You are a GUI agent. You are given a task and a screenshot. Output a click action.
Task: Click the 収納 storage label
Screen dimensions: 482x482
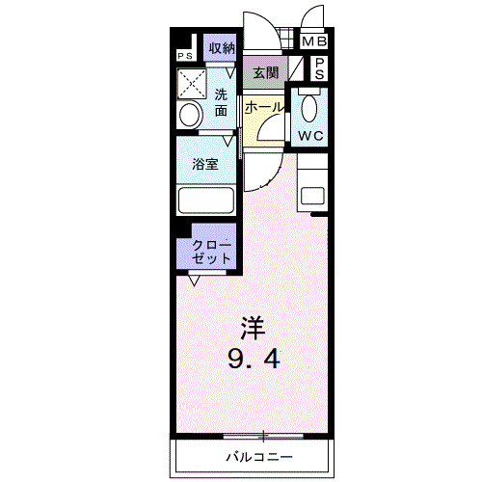pyautogui.click(x=222, y=48)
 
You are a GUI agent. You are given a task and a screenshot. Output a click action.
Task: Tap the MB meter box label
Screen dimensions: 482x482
pyautogui.click(x=314, y=42)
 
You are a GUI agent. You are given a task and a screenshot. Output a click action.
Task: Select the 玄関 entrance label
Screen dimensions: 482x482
pyautogui.click(x=265, y=72)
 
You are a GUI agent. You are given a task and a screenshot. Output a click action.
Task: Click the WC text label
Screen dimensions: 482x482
pyautogui.click(x=310, y=136)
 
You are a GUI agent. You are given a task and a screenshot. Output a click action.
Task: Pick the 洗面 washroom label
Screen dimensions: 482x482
pyautogui.click(x=222, y=103)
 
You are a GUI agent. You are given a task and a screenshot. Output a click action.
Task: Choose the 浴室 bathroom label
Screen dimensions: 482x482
pyautogui.click(x=204, y=164)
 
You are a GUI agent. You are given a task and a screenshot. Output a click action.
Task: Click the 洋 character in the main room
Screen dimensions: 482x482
pyautogui.click(x=254, y=328)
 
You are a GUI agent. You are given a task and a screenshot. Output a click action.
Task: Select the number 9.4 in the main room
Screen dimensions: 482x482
pyautogui.click(x=254, y=360)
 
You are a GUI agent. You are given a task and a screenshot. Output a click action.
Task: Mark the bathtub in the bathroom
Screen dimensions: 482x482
pyautogui.click(x=206, y=201)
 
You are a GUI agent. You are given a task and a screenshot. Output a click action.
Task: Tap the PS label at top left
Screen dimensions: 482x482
pyautogui.click(x=183, y=55)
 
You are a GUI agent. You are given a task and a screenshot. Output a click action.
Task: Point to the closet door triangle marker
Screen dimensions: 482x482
pyautogui.click(x=196, y=280)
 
